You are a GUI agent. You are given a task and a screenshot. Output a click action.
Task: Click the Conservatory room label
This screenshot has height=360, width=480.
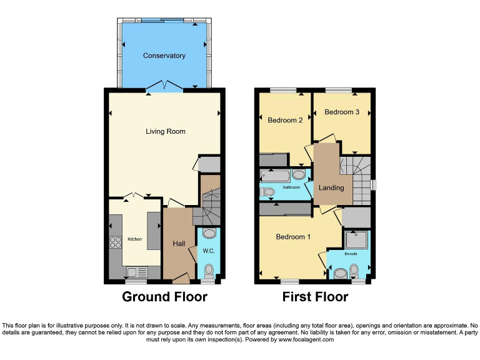point(164,56)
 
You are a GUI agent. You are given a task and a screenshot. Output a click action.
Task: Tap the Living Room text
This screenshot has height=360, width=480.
point(166,131)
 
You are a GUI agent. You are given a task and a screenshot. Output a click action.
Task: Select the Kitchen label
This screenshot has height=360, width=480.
point(135,239)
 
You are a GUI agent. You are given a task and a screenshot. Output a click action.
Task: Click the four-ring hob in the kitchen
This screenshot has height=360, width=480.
point(116,243)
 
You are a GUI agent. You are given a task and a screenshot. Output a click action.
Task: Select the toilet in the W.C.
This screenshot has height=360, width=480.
point(209,270)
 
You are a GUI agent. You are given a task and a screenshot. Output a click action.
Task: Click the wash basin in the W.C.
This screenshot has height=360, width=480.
point(209,234)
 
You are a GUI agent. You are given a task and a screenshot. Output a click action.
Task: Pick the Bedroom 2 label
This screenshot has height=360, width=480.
point(285,120)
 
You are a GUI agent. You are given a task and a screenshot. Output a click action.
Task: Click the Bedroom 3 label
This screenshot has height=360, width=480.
point(342,112)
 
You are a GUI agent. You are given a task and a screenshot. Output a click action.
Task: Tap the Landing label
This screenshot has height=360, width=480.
point(331,187)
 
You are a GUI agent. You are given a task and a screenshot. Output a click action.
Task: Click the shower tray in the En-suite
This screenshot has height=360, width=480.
point(357,239)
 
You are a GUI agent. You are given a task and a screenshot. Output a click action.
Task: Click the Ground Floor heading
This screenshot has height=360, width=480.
point(164,296)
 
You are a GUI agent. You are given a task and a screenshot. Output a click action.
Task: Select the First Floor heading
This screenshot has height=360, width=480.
point(315,296)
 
